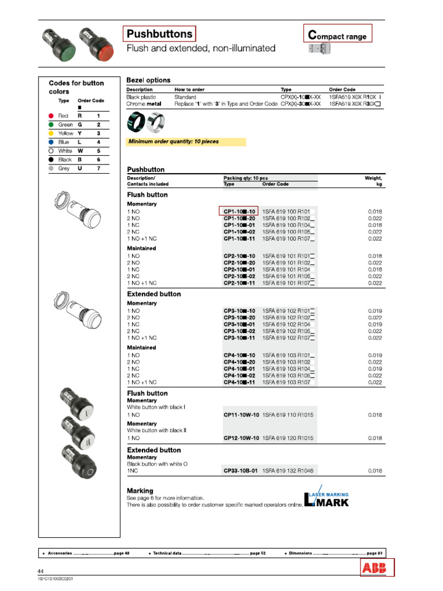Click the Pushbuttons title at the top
tap(160, 35)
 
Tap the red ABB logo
tap(377, 568)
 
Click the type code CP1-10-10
tap(239, 212)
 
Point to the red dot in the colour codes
tap(51, 116)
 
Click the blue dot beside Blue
tap(51, 142)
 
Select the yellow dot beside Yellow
tap(51, 133)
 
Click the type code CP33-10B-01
tap(241, 471)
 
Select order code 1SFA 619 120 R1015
tap(288, 438)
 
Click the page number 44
tap(41, 571)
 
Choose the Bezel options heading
tap(148, 80)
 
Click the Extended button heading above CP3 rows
tap(153, 294)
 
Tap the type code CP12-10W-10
tap(241, 438)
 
